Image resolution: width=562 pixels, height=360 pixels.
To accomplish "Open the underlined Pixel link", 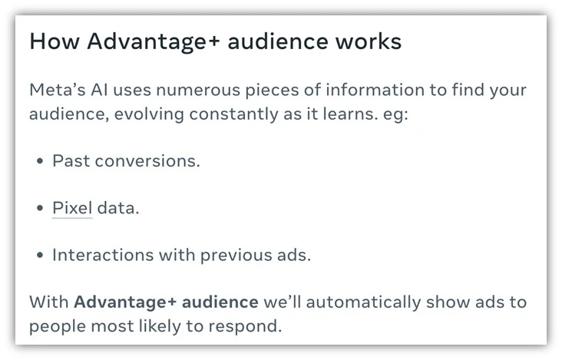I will pos(72,208).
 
